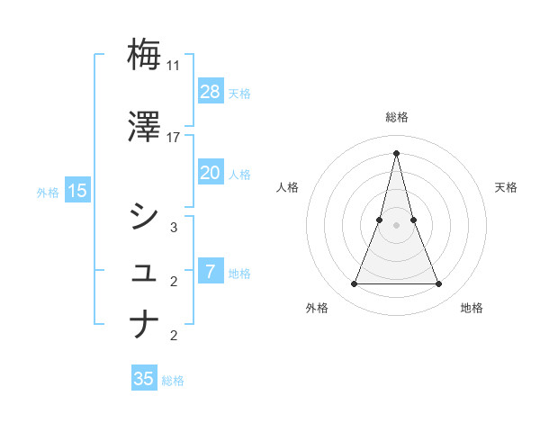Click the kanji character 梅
(144, 54)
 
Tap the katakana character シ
(144, 216)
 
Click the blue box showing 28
(210, 92)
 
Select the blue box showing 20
(210, 173)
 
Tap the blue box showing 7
(210, 272)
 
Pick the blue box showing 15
(76, 191)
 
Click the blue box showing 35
(144, 379)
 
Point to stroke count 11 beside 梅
(174, 66)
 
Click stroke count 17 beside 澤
(174, 138)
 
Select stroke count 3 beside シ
(174, 228)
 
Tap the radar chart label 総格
(396, 117)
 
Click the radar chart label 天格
(507, 187)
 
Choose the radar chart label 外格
(317, 308)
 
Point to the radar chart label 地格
(472, 308)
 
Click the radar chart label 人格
(287, 187)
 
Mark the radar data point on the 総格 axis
(396, 152)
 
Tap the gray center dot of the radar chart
(396, 225)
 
